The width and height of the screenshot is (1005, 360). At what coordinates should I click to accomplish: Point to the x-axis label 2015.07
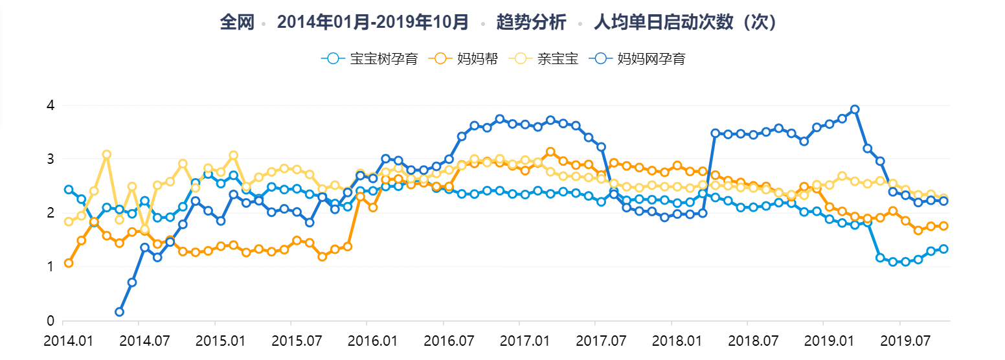[x=291, y=339]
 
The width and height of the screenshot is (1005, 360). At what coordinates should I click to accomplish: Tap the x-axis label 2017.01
[x=519, y=339]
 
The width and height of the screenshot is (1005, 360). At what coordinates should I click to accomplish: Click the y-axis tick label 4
[x=51, y=105]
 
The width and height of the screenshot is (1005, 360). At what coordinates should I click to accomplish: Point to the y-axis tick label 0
[x=51, y=321]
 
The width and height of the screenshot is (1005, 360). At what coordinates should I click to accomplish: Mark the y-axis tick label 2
[x=51, y=212]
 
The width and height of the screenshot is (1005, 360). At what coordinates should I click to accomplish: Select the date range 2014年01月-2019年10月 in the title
[x=373, y=22]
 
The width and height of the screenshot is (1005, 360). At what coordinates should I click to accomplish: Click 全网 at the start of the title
[x=236, y=22]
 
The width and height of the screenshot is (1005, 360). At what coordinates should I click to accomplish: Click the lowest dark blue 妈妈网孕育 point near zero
[x=120, y=312]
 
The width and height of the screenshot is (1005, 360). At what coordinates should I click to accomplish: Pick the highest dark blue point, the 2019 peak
[x=855, y=109]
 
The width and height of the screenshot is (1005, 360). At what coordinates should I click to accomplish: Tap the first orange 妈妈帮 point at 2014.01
[x=69, y=263]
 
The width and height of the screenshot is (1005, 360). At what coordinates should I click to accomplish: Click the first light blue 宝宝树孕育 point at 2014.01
[x=69, y=190]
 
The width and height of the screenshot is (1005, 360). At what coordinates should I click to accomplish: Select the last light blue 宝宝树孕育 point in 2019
[x=943, y=249]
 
